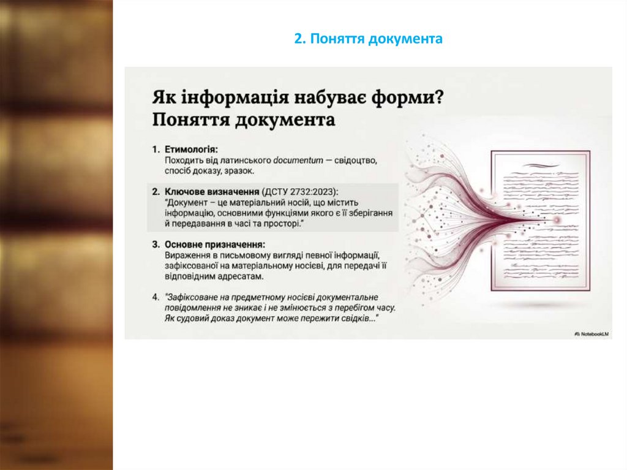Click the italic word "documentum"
[x=298, y=160]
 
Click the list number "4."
[x=156, y=297]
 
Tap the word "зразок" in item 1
[x=239, y=171]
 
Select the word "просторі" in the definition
[x=282, y=225]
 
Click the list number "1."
[x=156, y=149]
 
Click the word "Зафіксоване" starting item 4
[x=193, y=297]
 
